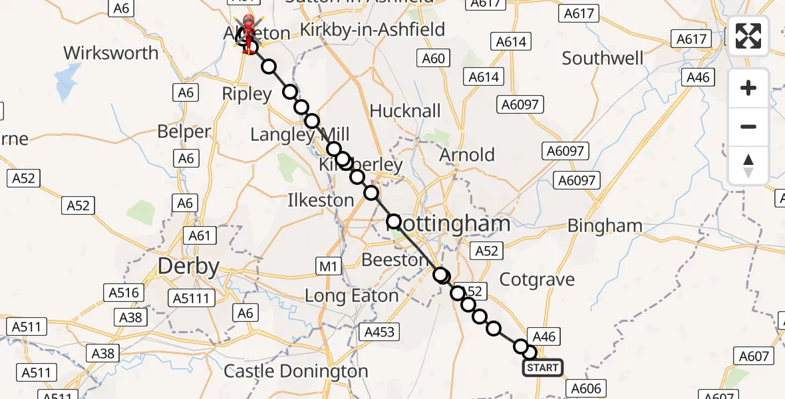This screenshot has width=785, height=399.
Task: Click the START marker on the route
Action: [542, 368]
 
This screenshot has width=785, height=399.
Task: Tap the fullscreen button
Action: [748, 36]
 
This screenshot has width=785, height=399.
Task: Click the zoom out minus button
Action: [748, 126]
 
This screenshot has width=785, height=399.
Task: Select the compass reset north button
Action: [748, 165]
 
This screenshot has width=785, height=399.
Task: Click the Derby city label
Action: [188, 267]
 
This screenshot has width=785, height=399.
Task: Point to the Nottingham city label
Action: [449, 224]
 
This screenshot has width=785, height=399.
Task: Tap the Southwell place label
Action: [603, 59]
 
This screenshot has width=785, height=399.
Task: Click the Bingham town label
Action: [605, 226]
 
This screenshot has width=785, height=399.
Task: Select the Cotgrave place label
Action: [537, 279]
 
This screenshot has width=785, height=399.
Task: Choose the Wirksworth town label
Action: [111, 53]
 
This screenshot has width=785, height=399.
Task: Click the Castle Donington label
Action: [295, 371]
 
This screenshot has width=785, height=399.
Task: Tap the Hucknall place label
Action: [405, 110]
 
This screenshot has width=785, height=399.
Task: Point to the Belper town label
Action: [184, 132]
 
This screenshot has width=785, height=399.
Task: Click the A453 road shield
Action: [380, 331]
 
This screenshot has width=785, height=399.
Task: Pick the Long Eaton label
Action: [351, 295]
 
